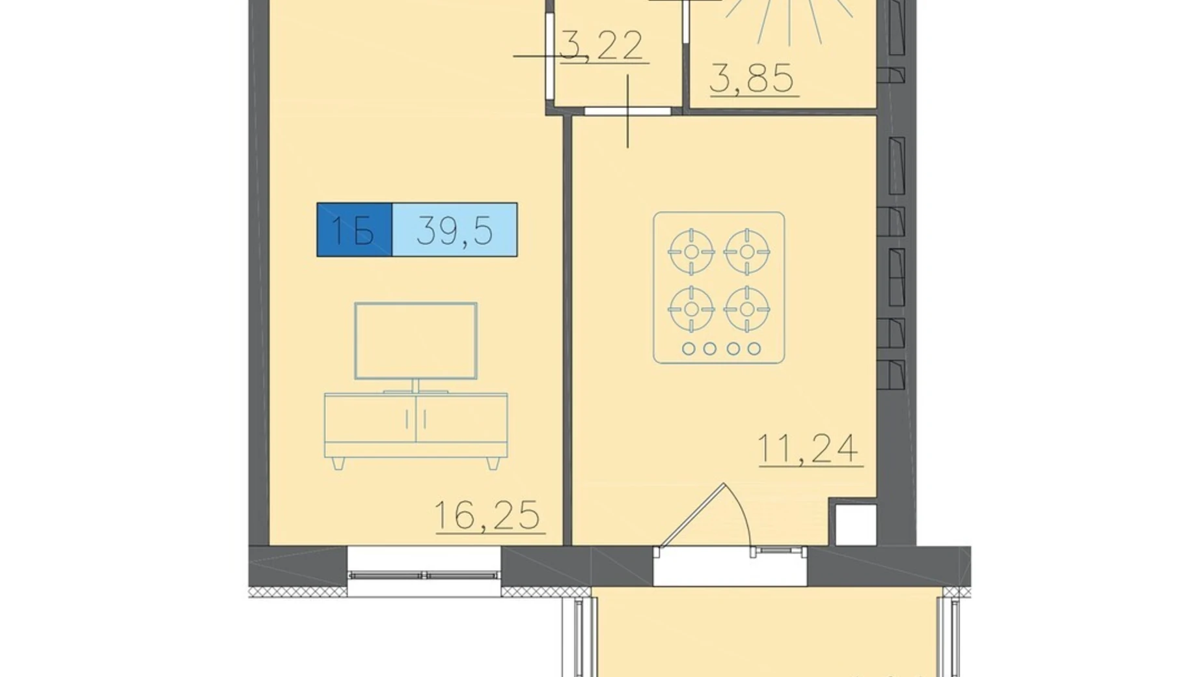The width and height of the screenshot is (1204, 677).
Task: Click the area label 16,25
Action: coord(487,516)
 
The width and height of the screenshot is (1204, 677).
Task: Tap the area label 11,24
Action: coord(808,449)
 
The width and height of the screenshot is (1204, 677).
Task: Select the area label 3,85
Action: coord(752,79)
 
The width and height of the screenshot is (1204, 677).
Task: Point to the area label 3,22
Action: coord(601,46)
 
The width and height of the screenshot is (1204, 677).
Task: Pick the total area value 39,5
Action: coord(454,230)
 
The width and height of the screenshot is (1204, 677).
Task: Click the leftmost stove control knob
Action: coord(688,349)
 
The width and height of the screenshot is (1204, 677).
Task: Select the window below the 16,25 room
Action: coord(424,571)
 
